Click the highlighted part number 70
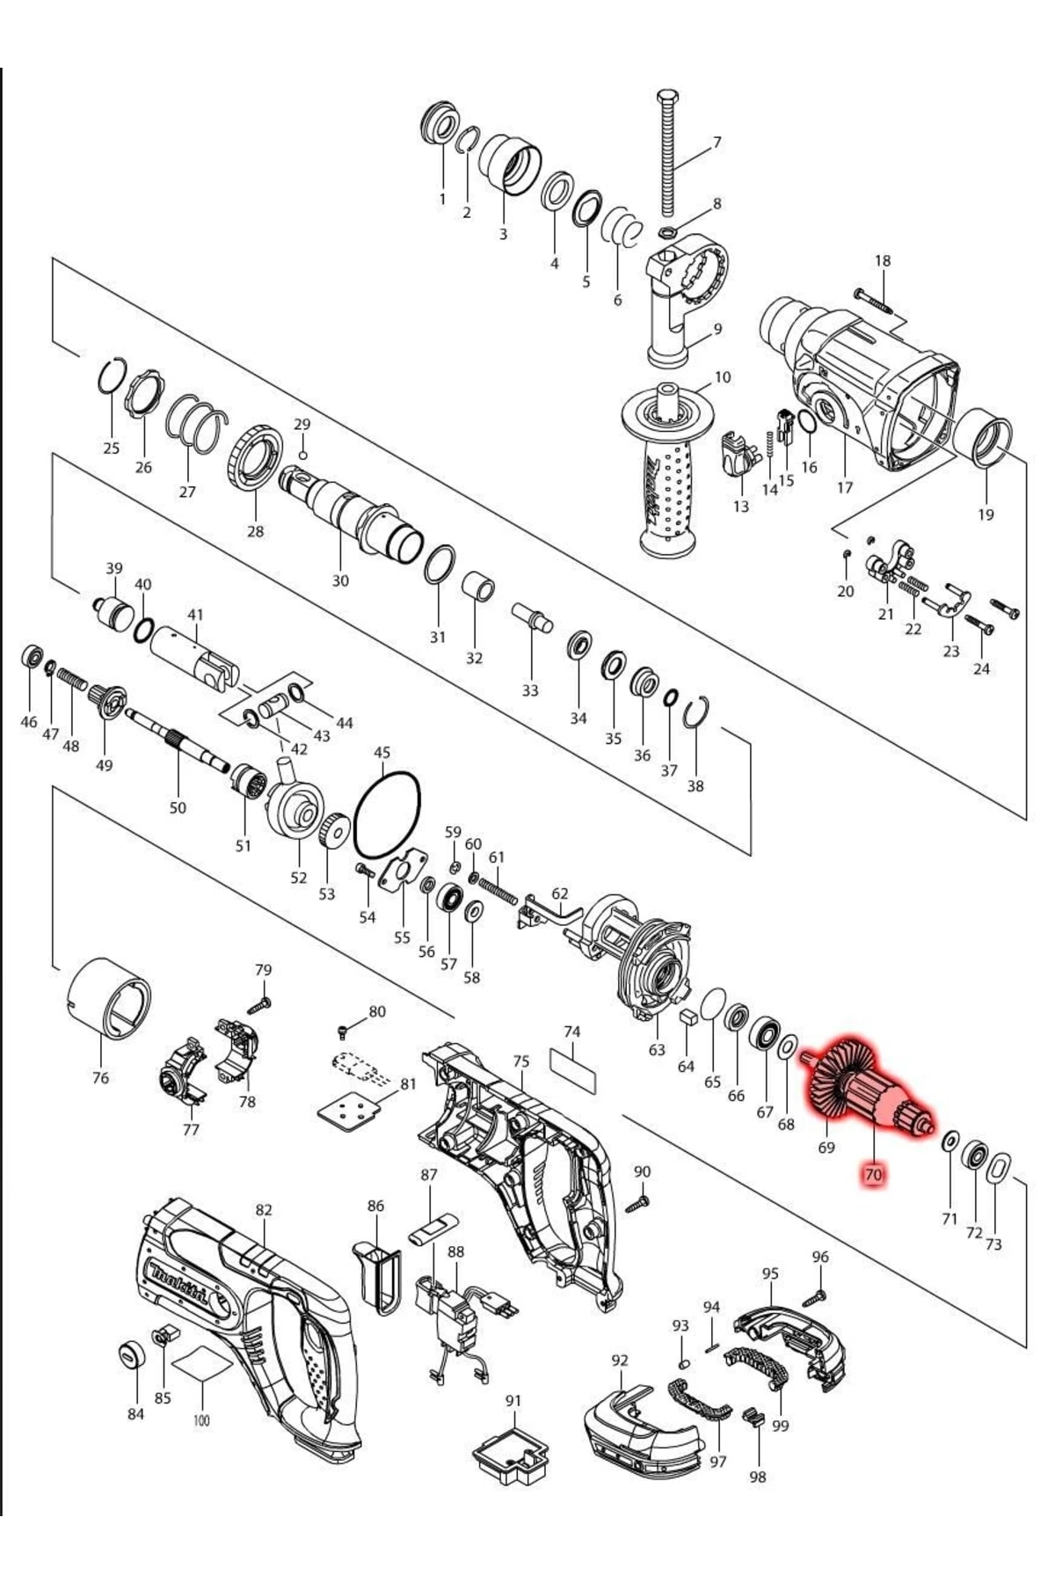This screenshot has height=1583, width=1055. point(872,1174)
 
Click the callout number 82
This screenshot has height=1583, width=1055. point(264,1210)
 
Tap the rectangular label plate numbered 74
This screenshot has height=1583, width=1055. point(573,1070)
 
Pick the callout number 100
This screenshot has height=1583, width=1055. point(201,1420)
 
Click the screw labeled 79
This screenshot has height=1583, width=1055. point(260,1003)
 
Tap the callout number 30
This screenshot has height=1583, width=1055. point(340,580)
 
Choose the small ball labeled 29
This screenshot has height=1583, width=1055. point(302,455)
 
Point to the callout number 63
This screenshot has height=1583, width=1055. point(657,1049)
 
